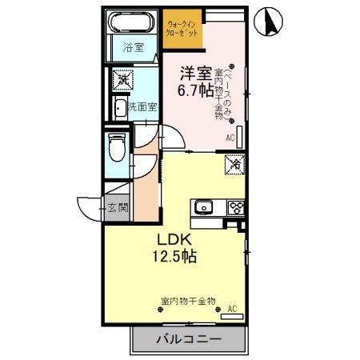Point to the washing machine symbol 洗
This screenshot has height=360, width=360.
point(123,80)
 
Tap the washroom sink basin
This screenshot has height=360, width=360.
point(119,107)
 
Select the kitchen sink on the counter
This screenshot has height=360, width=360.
point(203,207)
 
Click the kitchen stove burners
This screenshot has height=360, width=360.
point(236,207)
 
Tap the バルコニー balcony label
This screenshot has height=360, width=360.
point(187,340)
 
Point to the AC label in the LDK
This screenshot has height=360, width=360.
point(232,307)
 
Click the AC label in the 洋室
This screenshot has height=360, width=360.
point(230,138)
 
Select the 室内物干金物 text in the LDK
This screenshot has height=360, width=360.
point(188,301)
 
